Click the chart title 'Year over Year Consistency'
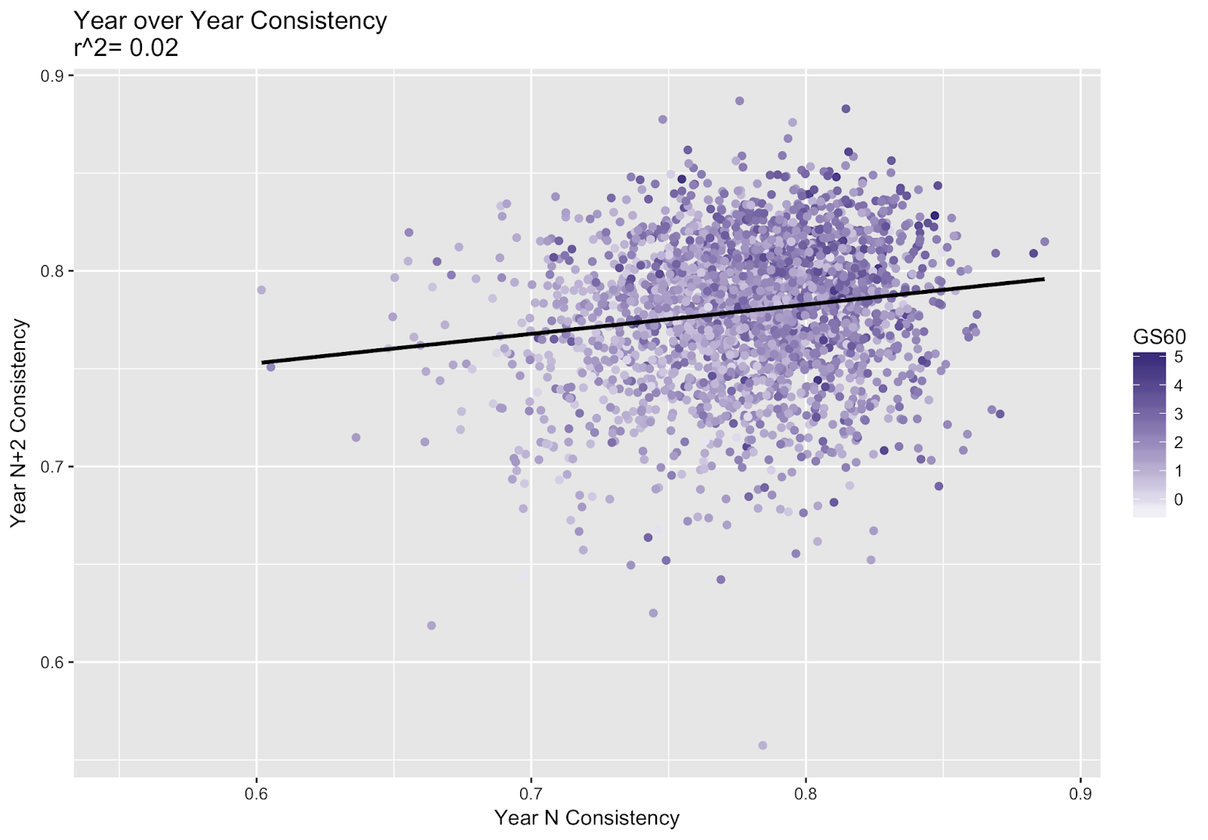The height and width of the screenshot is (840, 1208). point(230,20)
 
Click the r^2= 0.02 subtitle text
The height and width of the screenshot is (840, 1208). point(126,48)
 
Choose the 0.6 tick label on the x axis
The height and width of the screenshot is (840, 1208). point(257,794)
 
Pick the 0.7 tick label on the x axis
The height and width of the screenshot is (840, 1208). point(532,794)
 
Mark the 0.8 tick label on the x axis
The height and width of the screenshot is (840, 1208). point(806,794)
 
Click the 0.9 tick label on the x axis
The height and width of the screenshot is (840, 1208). point(1080,794)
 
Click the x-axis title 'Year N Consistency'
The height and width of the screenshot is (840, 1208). point(587,818)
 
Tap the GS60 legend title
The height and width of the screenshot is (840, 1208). point(1159,337)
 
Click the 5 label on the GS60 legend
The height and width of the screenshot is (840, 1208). point(1179,357)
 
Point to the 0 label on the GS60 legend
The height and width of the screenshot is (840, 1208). point(1179,499)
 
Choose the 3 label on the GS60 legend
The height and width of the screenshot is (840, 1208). point(1179,414)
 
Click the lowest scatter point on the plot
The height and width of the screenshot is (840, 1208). point(763,746)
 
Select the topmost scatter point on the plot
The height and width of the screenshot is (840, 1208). point(740,101)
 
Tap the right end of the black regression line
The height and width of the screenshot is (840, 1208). point(1044,279)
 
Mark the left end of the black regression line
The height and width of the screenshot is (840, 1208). point(262,363)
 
